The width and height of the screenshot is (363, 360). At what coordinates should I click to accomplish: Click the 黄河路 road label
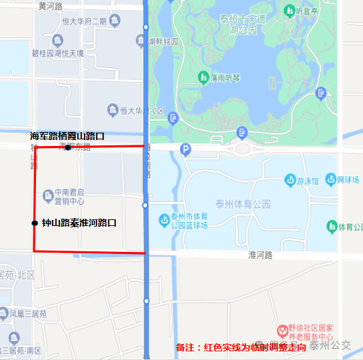(51, 6)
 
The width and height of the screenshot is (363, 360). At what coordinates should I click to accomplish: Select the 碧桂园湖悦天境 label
(57, 53)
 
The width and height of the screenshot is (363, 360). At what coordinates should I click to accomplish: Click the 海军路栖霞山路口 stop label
(67, 136)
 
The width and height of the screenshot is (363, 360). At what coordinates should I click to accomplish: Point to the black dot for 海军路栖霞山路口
(68, 147)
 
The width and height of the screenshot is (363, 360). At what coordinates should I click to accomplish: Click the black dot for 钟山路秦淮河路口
(35, 223)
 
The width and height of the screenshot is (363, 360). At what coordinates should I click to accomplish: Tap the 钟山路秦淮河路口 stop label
(79, 223)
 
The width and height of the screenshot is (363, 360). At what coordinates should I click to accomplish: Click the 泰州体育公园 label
(243, 204)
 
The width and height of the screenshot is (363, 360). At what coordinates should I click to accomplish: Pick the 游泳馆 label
(308, 180)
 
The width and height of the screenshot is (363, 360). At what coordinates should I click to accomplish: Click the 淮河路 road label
(260, 255)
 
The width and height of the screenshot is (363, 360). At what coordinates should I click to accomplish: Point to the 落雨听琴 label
(224, 79)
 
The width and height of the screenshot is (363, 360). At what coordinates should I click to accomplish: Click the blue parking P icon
(186, 149)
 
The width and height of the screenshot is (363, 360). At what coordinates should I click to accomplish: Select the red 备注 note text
(240, 347)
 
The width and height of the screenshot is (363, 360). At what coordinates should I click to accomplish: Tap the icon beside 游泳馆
(290, 180)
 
